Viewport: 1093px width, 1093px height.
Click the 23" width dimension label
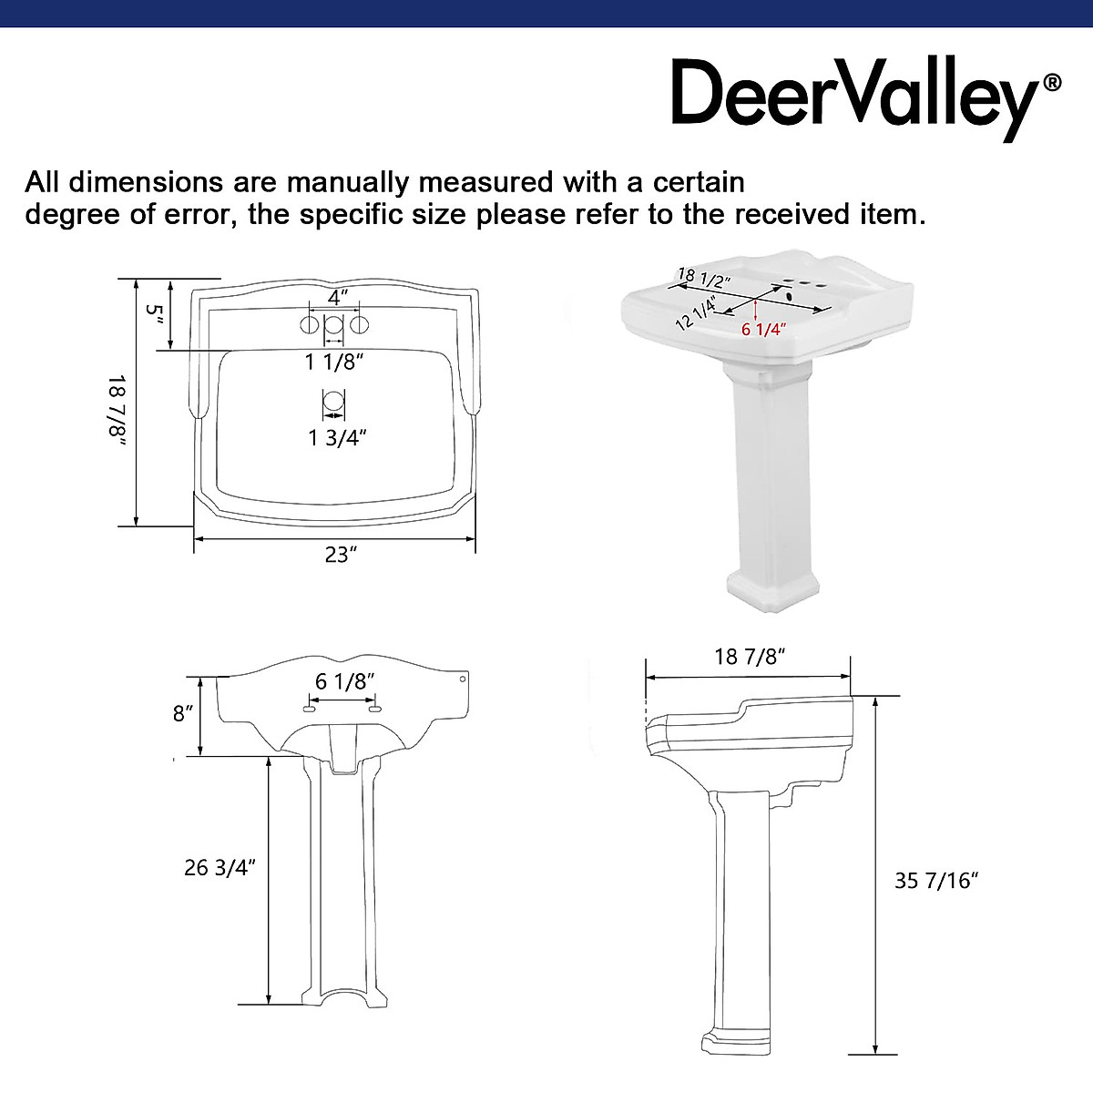pyautogui.click(x=338, y=555)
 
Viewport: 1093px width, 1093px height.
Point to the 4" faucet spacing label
pyautogui.click(x=338, y=297)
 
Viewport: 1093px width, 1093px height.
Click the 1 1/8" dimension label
pyautogui.click(x=334, y=363)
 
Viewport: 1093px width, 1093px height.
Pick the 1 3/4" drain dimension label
pyautogui.click(x=336, y=438)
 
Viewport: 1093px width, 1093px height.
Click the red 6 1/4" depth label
pyautogui.click(x=763, y=330)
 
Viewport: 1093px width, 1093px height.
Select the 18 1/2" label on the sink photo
pyautogui.click(x=703, y=277)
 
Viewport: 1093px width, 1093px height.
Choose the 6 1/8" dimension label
pyautogui.click(x=345, y=681)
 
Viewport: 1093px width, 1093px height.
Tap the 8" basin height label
pyautogui.click(x=184, y=714)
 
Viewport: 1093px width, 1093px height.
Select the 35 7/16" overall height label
pyautogui.click(x=936, y=881)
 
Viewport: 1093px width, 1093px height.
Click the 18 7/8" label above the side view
pyautogui.click(x=750, y=657)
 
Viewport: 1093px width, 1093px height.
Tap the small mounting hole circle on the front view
pyautogui.click(x=463, y=679)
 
